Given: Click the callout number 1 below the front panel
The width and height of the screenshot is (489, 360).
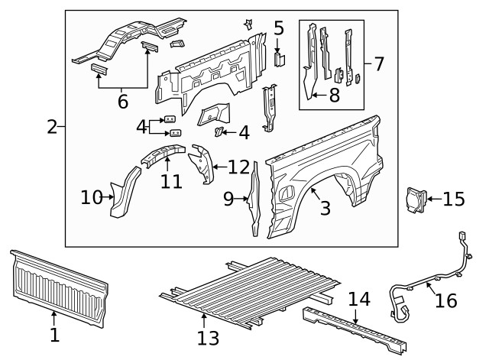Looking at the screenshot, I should tap(54, 335).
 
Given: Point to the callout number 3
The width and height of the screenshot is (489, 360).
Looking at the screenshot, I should tap(325, 207).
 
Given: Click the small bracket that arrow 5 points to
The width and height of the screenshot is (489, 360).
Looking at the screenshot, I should tap(279, 58).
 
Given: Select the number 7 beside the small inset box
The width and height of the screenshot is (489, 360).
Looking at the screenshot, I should tap(378, 63).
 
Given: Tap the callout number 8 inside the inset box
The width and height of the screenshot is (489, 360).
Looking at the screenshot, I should tap(334, 96).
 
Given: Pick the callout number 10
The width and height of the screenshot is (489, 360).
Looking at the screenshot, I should tap(92, 198).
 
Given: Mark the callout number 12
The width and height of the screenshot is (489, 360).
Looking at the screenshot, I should tap(238, 166).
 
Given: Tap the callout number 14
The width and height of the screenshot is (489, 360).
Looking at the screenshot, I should tap(358, 300).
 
